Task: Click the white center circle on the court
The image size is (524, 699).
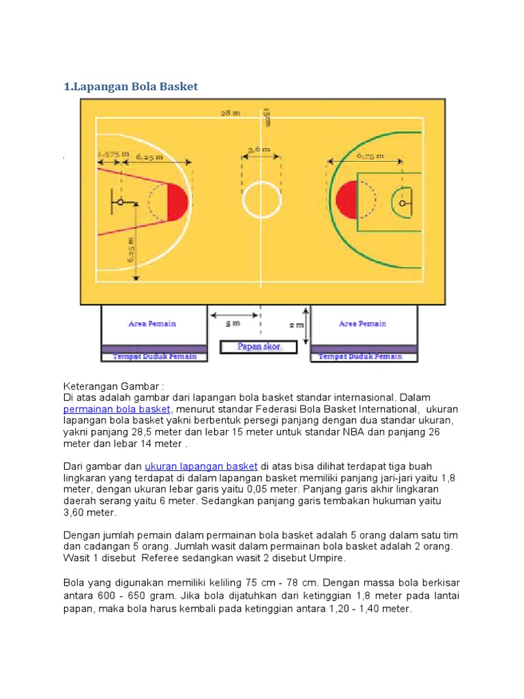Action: tap(262, 201)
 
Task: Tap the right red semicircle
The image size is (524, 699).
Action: tap(347, 201)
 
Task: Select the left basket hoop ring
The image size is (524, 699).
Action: tap(120, 202)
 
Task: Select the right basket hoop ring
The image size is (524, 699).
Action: tap(403, 203)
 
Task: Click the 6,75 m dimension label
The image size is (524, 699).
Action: tap(370, 156)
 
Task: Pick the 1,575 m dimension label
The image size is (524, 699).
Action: tap(113, 154)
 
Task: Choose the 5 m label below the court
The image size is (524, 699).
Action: tap(233, 324)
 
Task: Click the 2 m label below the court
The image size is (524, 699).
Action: tap(296, 325)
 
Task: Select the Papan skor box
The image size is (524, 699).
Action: tap(259, 347)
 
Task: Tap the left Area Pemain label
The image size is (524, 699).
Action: tap(152, 324)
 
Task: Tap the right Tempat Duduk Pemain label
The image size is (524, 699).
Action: tap(361, 356)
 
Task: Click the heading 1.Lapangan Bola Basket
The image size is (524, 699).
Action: tap(130, 87)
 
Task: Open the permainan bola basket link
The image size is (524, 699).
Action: tap(117, 409)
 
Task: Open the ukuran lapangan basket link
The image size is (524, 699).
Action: tap(201, 466)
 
